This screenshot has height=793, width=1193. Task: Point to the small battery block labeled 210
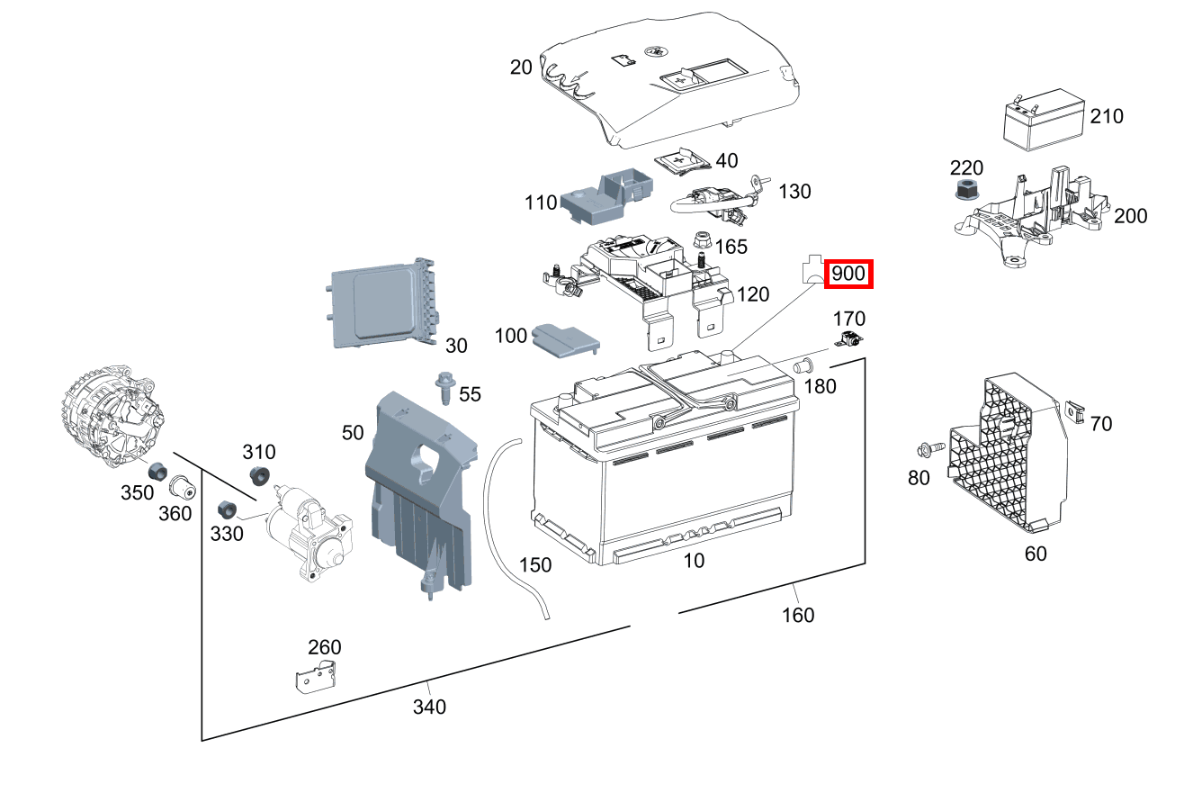pos(1045,116)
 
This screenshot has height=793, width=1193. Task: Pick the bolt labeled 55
pos(444,389)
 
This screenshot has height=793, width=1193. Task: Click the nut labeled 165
pos(704,241)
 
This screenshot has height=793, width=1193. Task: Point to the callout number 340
pos(429,707)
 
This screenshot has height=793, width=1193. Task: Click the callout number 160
pos(798,615)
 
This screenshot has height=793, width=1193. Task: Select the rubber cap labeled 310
pos(260,477)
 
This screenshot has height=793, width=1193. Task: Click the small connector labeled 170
pos(850,340)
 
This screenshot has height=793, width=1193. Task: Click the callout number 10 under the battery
pos(694,561)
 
